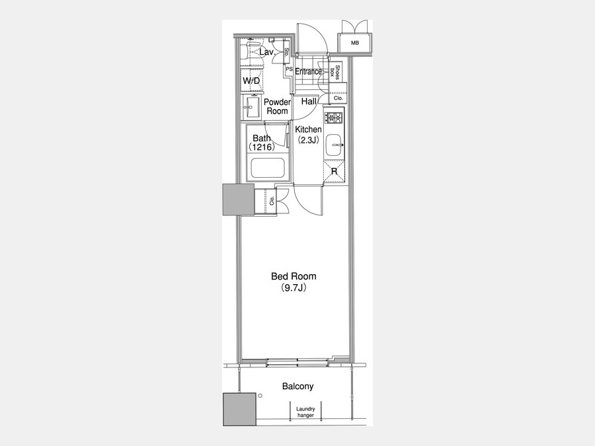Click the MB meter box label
click(355, 43)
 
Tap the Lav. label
click(267, 52)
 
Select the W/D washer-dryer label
click(251, 81)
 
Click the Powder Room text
click(277, 106)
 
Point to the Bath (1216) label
click(261, 143)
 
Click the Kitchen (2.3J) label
click(308, 135)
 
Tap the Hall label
click(309, 101)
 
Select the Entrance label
click(309, 71)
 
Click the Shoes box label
click(335, 71)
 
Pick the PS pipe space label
click(289, 69)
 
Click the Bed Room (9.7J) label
click(294, 281)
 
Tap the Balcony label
click(298, 387)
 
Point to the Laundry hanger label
click(305, 412)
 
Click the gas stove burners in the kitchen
click(335, 117)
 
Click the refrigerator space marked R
click(335, 172)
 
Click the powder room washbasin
click(252, 107)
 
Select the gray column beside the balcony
click(239, 409)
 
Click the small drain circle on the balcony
click(260, 396)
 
